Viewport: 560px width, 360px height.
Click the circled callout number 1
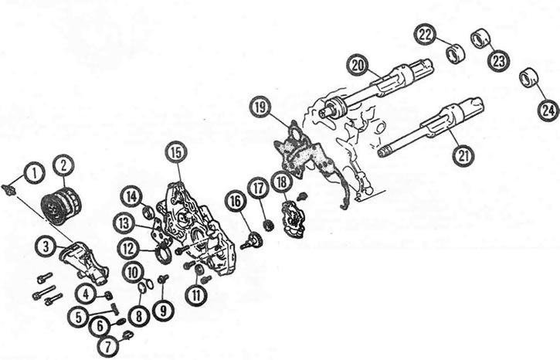pos(34,173)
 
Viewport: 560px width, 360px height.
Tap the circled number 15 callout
pos(176,152)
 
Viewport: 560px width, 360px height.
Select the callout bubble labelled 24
pos(548,110)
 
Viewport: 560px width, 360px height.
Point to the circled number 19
pos(261,107)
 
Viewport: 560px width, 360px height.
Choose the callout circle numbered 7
pos(107,345)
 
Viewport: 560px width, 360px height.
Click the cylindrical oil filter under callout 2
pos(62,205)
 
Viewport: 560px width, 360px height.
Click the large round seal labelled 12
pos(163,251)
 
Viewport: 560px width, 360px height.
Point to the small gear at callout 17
pos(266,226)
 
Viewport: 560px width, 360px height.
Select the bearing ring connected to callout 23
pos(480,38)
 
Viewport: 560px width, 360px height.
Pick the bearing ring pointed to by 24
pos(528,76)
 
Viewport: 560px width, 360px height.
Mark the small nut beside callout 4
pos(107,295)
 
